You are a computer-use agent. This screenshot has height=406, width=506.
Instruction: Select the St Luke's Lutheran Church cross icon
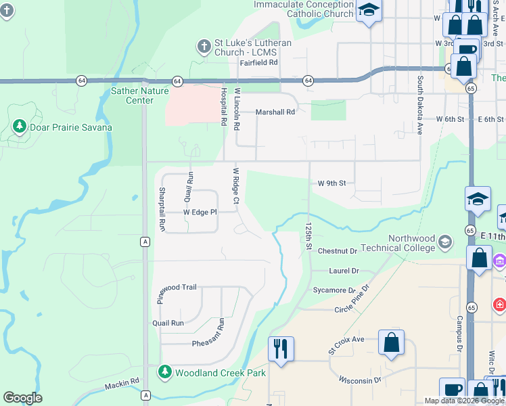point(204,47)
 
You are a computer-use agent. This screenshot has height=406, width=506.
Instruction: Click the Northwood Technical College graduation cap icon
point(445,242)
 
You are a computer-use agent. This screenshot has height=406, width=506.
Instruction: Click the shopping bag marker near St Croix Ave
point(392,342)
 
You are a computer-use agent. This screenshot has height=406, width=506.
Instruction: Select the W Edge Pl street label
point(200,212)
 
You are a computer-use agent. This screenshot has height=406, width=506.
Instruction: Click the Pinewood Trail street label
point(177,288)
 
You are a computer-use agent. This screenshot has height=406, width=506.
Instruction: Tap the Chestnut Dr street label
point(337,251)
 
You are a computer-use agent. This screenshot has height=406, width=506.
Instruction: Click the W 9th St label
point(331,183)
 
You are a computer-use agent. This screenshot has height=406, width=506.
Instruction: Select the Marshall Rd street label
point(275,112)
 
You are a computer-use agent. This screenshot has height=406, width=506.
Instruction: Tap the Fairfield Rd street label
point(259,62)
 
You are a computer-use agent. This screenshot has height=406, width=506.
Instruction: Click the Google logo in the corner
point(22,398)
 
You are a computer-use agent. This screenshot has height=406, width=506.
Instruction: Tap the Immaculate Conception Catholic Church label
point(304,9)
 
